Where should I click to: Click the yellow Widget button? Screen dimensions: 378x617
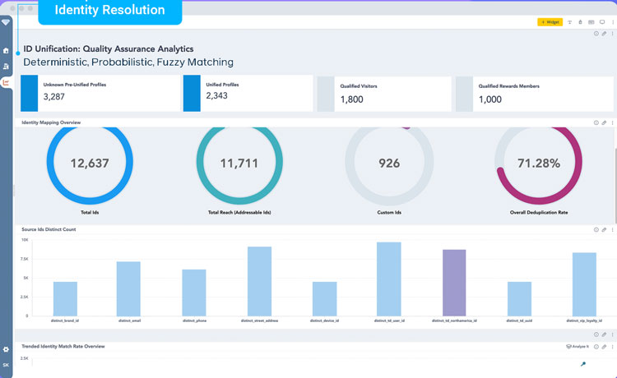(x=550, y=22)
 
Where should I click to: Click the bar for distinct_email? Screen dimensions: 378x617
(x=128, y=288)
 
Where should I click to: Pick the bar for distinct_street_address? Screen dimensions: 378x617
(x=259, y=280)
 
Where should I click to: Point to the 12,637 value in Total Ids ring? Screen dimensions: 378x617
(x=90, y=164)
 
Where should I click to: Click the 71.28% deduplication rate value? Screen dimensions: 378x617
(x=538, y=164)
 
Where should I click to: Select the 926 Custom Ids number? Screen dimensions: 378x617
(x=389, y=164)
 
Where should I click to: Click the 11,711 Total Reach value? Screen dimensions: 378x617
(x=239, y=164)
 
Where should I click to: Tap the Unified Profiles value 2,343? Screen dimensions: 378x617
(x=217, y=96)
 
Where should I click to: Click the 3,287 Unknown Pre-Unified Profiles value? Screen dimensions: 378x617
(x=54, y=96)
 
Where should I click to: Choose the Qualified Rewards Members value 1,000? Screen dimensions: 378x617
(x=490, y=99)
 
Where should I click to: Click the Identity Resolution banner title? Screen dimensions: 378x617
(x=109, y=11)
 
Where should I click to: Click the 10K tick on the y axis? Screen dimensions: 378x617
(x=25, y=240)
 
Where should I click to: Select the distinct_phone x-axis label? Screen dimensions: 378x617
(x=194, y=320)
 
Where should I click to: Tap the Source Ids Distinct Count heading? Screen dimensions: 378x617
(x=49, y=229)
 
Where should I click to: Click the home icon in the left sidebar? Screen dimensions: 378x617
(x=7, y=50)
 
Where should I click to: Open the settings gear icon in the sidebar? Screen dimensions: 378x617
(x=7, y=350)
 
